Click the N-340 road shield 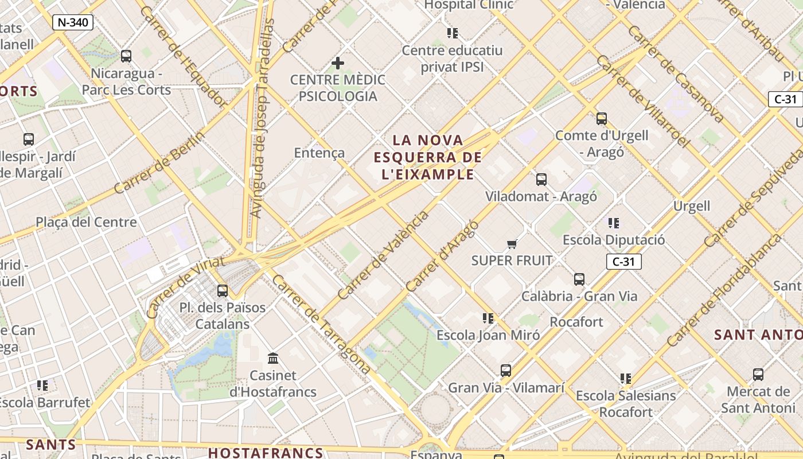pos(72,22)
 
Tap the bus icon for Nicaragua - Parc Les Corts pos(126,56)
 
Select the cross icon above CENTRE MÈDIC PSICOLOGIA pos(338,63)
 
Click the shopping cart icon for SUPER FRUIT pos(512,244)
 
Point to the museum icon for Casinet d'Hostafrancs pos(273,359)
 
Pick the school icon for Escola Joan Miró pos(488,318)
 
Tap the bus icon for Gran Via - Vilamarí pos(506,371)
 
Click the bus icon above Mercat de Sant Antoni pos(758,375)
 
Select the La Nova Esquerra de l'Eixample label pos(428,157)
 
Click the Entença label pos(319,153)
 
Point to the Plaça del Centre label pos(86,222)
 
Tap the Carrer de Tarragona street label pos(321,324)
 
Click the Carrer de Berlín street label pos(159,162)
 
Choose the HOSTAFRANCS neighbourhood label pos(266,452)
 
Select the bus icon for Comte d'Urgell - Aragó pos(602,119)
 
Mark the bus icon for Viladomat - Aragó pos(541,180)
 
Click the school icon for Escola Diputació pos(614,223)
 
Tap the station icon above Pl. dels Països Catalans pos(223,291)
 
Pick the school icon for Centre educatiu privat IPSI pos(453,33)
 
